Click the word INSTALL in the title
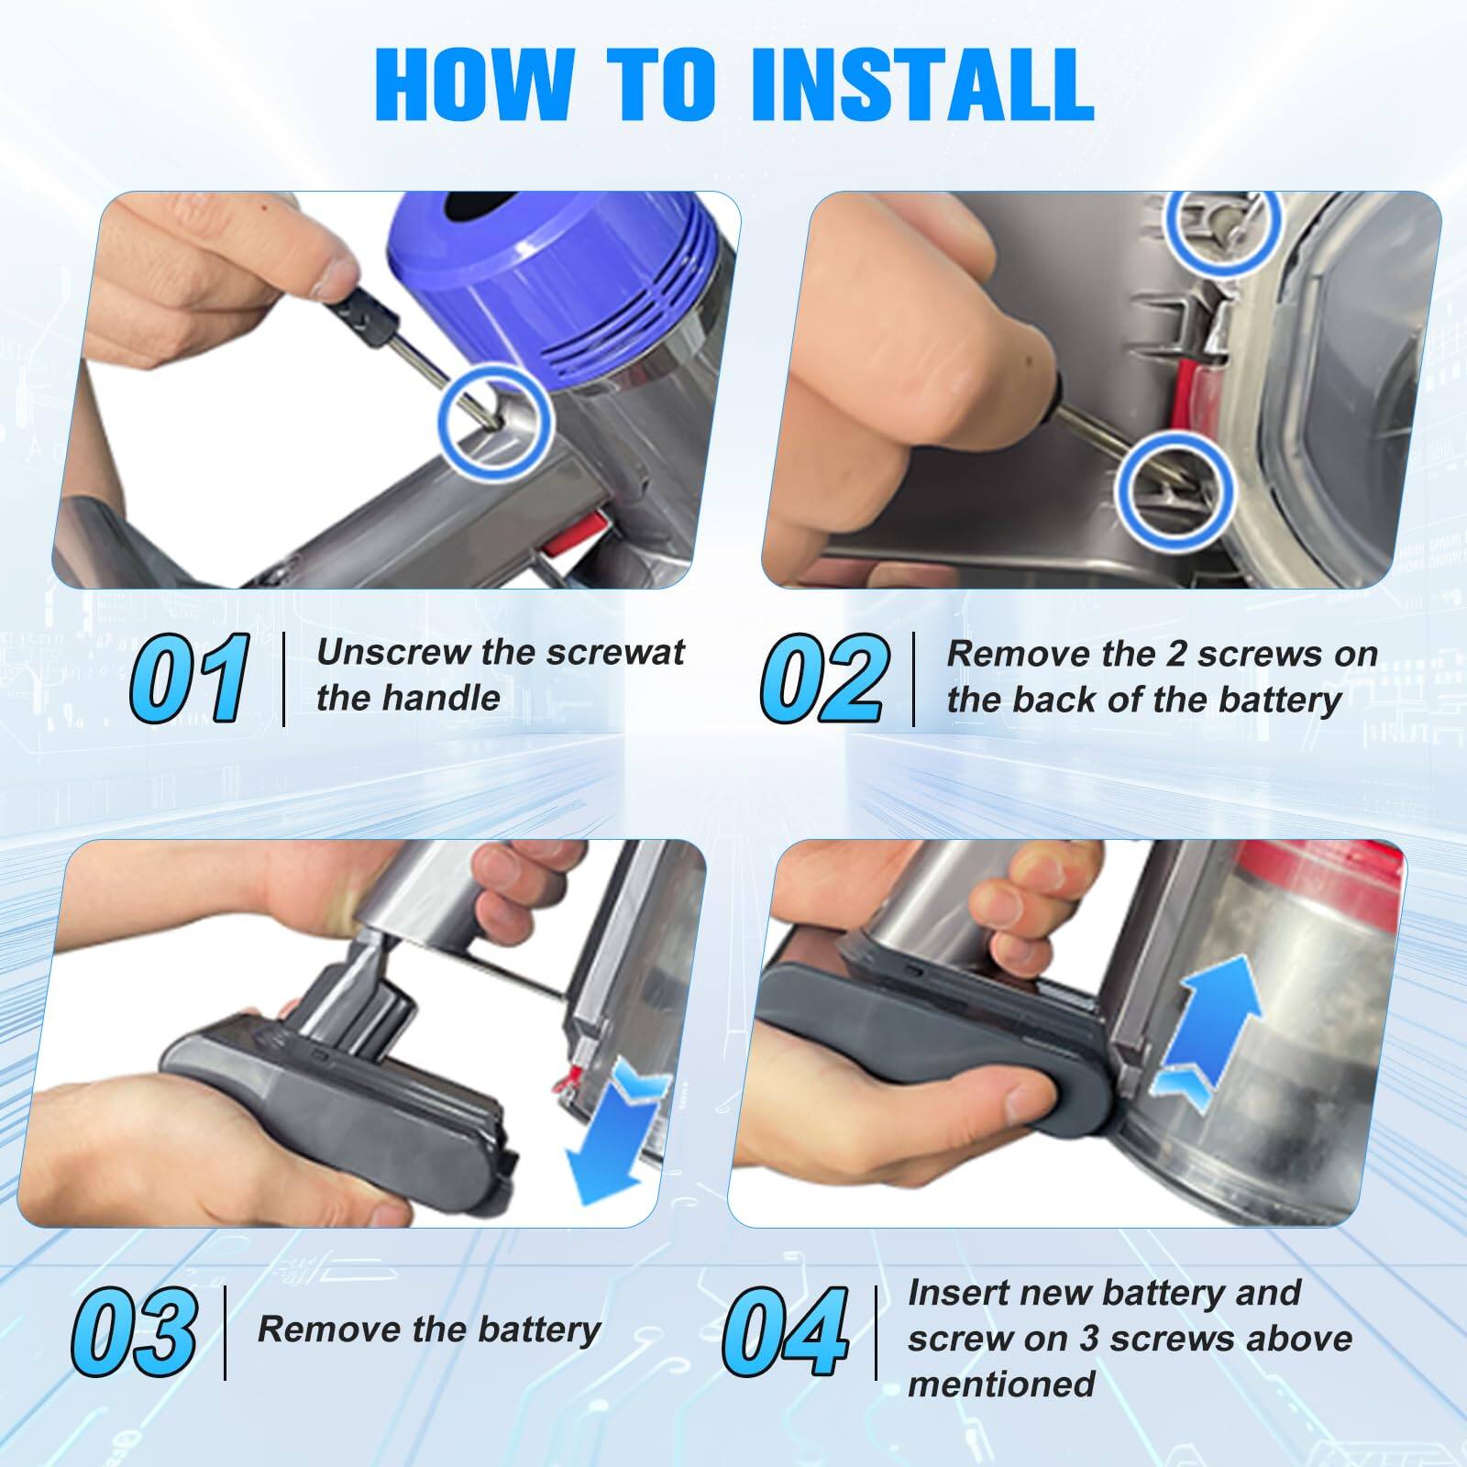(x=921, y=84)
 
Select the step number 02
(x=823, y=678)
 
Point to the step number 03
(x=135, y=1331)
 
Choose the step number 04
(x=785, y=1331)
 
